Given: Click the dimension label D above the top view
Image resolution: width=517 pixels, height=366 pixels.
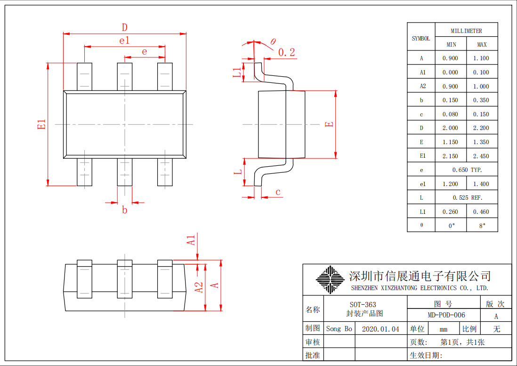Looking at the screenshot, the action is (125, 27).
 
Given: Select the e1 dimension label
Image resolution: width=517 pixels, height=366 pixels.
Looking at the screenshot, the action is (125, 41).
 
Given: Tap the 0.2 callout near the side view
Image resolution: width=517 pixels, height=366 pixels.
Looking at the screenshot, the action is (287, 52).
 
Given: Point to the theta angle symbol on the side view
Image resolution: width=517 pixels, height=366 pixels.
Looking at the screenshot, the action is (273, 41).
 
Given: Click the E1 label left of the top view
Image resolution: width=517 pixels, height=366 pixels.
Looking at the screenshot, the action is (41, 124).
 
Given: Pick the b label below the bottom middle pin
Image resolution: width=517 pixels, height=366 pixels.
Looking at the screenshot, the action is (125, 210).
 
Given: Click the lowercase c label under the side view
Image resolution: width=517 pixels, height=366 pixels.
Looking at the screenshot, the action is (278, 192).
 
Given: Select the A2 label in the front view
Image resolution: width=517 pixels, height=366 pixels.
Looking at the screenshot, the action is (199, 287).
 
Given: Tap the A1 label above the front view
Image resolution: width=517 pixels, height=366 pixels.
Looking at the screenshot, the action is (191, 240).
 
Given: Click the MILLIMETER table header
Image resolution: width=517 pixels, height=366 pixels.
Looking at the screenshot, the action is (466, 31).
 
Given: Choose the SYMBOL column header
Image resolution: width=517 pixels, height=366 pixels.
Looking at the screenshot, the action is (421, 38).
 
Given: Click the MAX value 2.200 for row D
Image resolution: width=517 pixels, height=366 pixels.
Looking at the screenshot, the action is (481, 128).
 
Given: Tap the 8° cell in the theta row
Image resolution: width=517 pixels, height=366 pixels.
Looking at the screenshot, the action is (482, 226).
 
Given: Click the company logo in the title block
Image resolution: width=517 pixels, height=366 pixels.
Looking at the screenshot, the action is (330, 279).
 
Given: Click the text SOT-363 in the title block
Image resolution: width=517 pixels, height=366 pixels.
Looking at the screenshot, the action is (363, 304).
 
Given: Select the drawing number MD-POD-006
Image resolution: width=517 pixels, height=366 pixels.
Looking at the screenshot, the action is (446, 315).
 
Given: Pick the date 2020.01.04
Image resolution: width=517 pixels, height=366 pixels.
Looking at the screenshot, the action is (380, 329).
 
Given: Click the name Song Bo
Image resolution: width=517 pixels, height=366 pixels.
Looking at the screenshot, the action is (339, 329).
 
